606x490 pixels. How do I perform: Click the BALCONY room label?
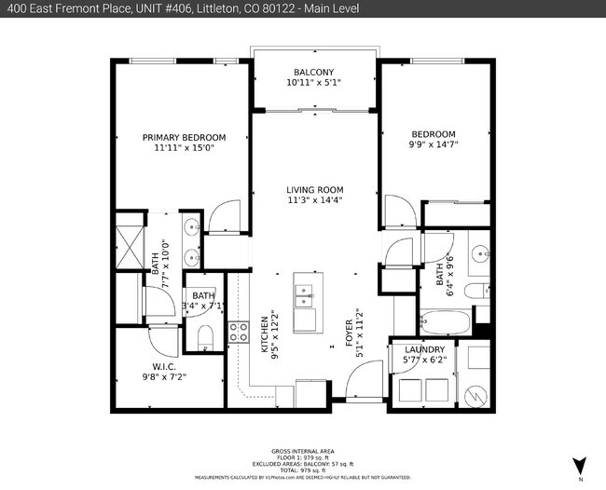(x=313, y=72)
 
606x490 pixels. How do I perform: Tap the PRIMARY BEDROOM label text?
(x=184, y=137)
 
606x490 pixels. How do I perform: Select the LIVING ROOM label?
(x=314, y=189)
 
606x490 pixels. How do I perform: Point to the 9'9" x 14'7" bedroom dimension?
(x=434, y=144)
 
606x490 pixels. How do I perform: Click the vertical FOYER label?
(x=351, y=332)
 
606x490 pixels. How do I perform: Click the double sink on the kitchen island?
(x=305, y=295)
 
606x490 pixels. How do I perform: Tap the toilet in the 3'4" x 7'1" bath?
(x=206, y=337)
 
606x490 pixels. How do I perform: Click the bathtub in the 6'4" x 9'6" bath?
(x=445, y=323)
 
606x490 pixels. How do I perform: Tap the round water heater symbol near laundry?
(x=475, y=395)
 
